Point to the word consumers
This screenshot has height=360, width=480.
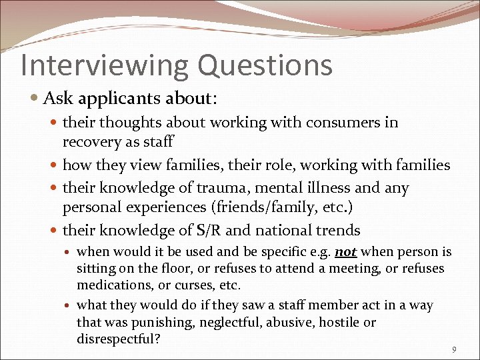343,122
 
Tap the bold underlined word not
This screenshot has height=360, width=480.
345,252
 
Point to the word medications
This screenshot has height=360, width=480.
111,285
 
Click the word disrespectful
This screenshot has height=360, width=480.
117,339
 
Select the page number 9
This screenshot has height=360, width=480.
454,349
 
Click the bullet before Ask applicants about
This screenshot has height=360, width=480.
35,99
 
